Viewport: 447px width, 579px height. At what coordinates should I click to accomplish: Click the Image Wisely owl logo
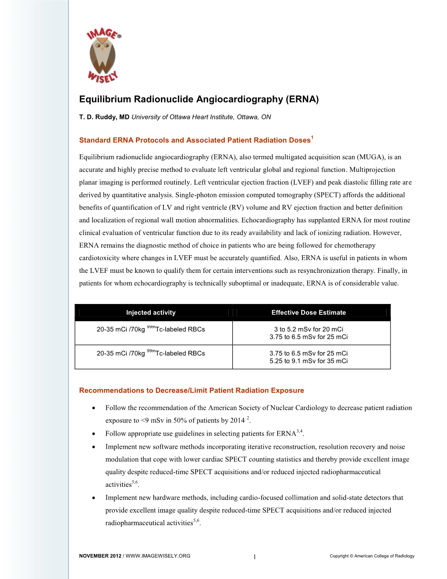coord(103,56)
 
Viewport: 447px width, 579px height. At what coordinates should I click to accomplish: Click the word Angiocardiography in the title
coord(239,99)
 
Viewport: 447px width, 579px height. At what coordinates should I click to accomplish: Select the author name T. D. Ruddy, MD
coord(104,117)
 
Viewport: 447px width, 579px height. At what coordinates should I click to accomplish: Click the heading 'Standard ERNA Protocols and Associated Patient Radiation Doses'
coord(195,140)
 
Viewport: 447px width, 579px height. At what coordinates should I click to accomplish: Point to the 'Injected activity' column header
coord(151,313)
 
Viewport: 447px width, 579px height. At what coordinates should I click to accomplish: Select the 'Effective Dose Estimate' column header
coord(309,313)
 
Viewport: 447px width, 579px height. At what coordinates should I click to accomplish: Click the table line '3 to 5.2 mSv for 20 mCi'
coord(309,329)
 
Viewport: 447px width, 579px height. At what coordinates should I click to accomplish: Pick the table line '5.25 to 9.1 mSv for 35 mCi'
coord(309,361)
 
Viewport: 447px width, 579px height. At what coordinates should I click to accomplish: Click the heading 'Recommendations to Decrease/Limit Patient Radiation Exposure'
coord(192,390)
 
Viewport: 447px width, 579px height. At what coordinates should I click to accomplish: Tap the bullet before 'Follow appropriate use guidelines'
coord(94,434)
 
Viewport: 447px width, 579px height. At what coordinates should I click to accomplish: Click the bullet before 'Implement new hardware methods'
coord(94,498)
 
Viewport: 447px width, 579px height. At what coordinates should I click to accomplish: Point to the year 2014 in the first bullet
coord(237,421)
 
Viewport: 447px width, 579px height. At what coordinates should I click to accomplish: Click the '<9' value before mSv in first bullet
coord(145,421)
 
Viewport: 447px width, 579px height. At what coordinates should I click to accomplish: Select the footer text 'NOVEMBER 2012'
coord(100,556)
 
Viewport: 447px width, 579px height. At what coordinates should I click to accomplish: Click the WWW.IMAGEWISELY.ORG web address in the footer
coord(158,556)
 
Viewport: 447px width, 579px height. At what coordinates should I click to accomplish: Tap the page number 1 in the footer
coord(254,557)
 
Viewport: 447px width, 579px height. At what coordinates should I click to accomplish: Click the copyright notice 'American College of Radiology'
coord(384,556)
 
